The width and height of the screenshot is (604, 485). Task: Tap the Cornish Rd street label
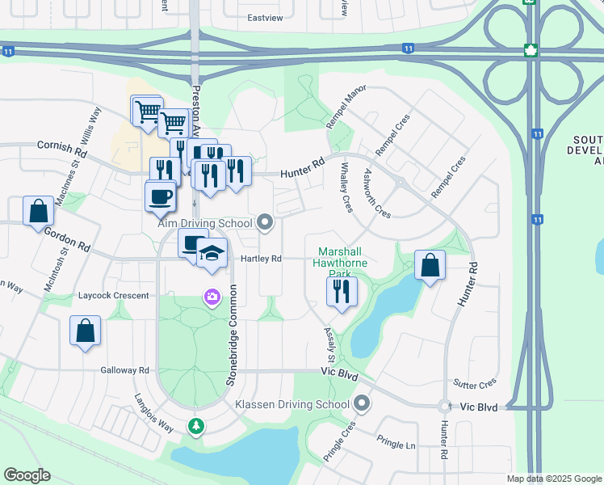pos(61,150)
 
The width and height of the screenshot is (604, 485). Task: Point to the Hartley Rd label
pos(261,259)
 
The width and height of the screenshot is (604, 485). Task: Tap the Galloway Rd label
pos(125,370)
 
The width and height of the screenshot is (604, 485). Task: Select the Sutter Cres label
pos(476,384)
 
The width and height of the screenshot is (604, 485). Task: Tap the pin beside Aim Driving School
pos(265,222)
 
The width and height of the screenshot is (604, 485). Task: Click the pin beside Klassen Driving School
pos(362,403)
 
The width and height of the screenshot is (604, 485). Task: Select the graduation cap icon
pos(212,253)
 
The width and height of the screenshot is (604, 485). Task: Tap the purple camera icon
pos(212,297)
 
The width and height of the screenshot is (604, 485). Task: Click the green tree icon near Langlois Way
pos(195,426)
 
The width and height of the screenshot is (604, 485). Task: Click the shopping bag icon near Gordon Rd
pos(39,212)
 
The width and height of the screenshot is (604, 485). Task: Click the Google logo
pos(27,475)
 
